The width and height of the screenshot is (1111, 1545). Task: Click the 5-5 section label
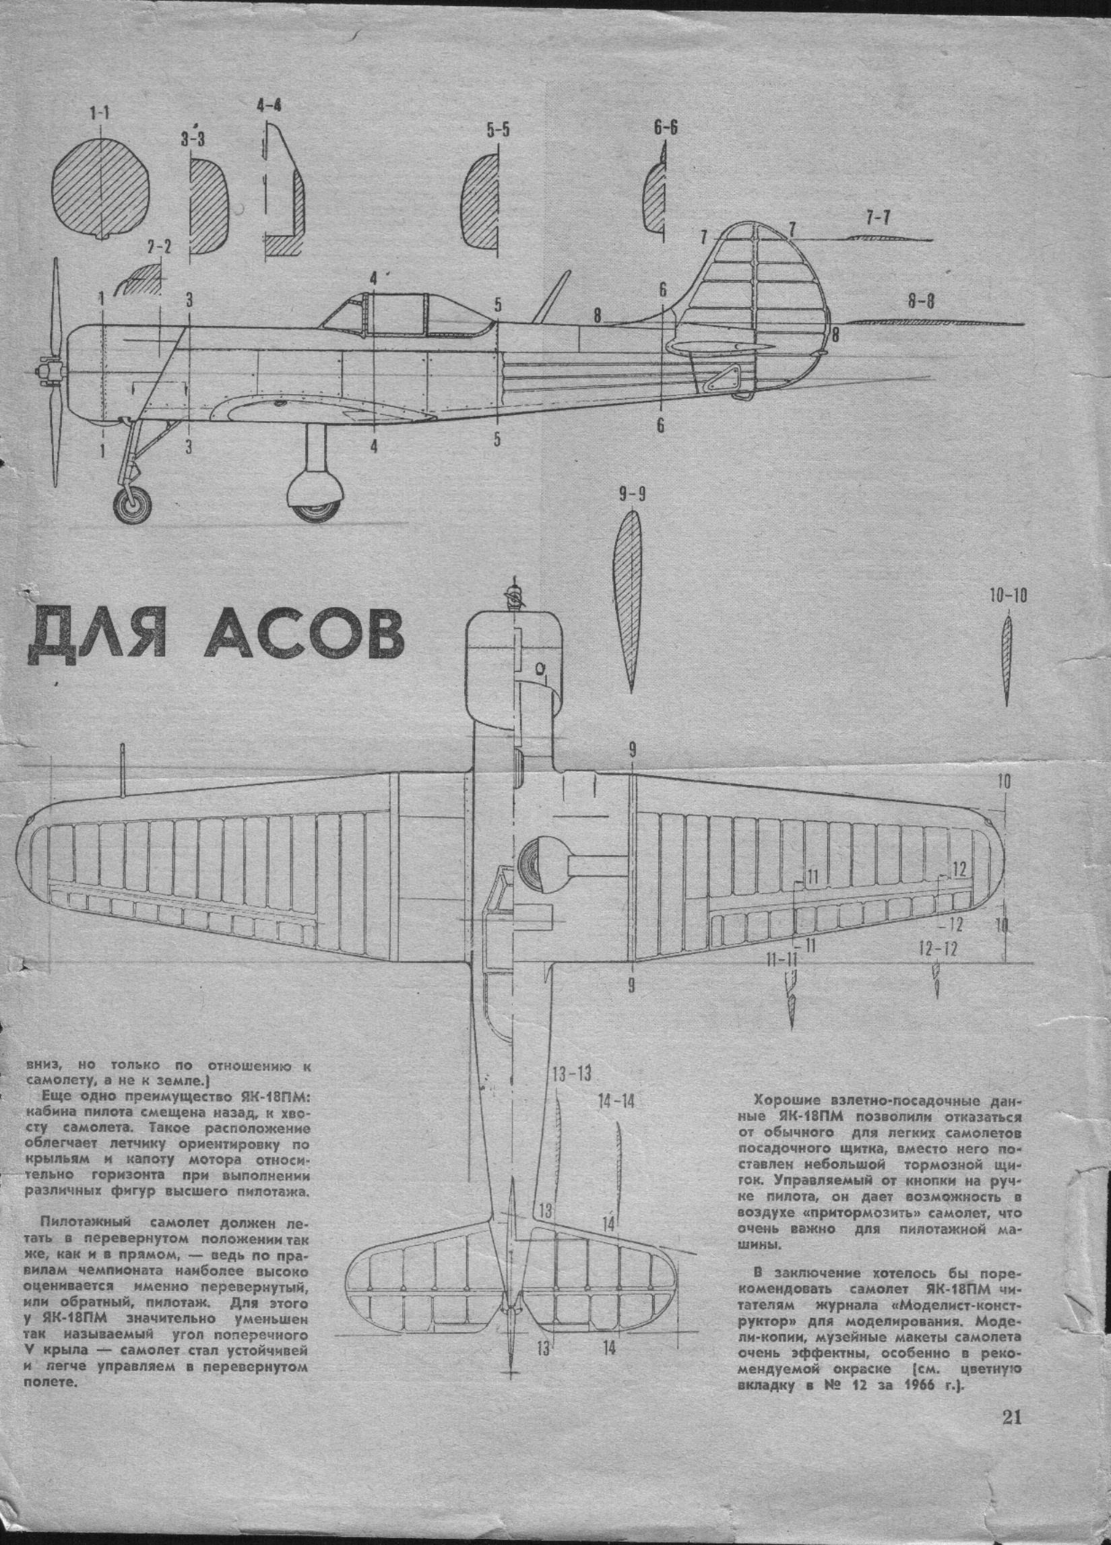point(497,131)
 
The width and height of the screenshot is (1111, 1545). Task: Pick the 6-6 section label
point(665,127)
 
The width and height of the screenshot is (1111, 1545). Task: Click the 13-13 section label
point(571,1074)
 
